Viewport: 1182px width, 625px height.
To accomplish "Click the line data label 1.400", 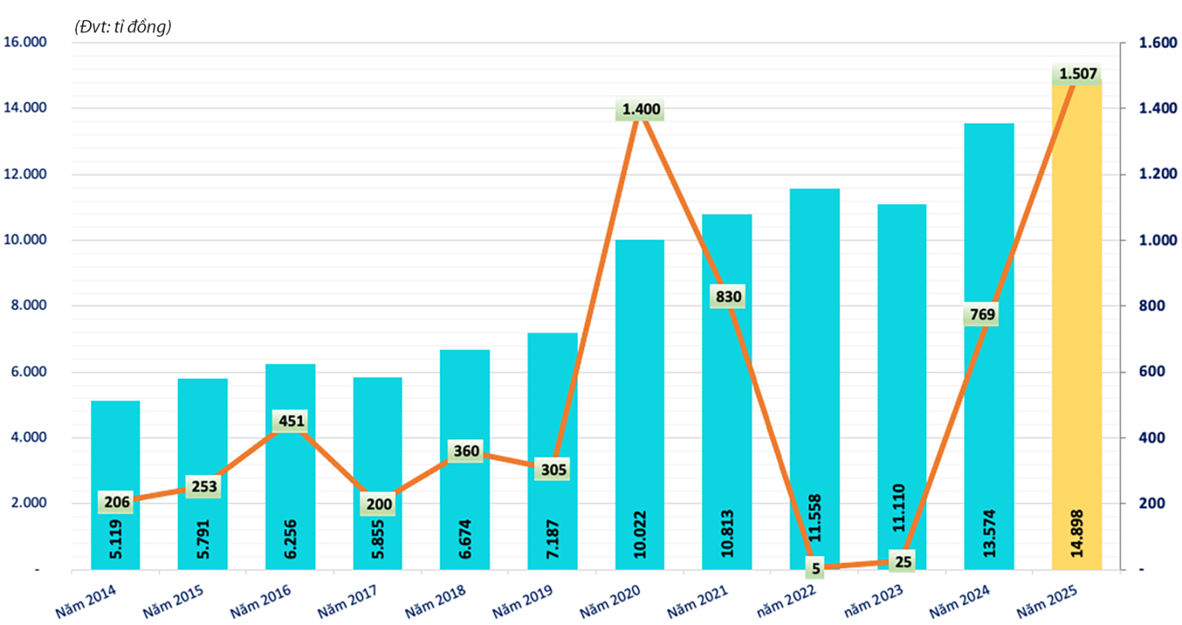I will (x=640, y=109).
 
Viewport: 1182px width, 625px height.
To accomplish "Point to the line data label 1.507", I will (x=1078, y=74).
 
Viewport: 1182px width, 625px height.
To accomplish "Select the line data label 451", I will (x=291, y=421).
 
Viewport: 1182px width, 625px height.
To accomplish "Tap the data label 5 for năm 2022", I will (x=816, y=569).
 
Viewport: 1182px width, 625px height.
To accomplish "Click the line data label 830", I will (x=728, y=297).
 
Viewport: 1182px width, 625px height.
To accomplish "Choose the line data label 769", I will (x=982, y=315).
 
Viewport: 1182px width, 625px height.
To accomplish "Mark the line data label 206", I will (x=117, y=502).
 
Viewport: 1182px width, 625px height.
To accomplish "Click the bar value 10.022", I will (x=640, y=534).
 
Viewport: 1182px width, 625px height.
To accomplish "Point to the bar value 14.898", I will (x=1076, y=533).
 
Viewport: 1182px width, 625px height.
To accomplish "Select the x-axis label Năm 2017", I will (x=346, y=601).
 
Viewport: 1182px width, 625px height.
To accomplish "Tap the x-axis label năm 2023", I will (x=873, y=601).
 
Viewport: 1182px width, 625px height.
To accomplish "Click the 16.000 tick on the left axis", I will (x=25, y=42).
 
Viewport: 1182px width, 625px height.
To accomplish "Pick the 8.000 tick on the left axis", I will (x=29, y=305).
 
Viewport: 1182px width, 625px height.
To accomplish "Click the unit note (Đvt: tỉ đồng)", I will (x=123, y=27).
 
